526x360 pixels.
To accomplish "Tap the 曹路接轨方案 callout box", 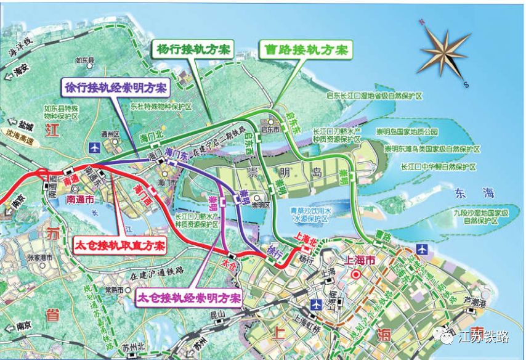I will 304,49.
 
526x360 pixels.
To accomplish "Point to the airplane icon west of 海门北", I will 94,147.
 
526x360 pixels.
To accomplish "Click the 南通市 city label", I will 80,200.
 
